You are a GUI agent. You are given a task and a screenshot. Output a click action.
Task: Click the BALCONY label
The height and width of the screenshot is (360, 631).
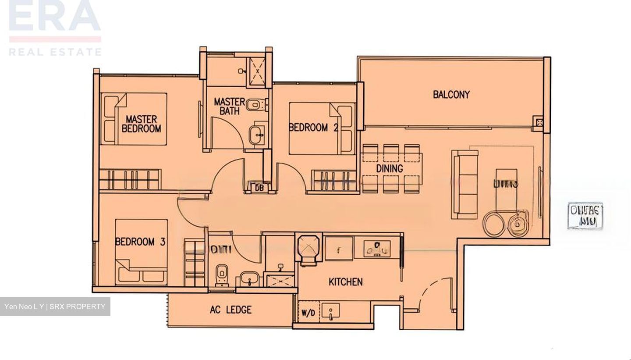[x=451, y=94]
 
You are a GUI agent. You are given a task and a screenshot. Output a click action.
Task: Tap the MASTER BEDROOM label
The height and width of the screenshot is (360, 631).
[x=141, y=124]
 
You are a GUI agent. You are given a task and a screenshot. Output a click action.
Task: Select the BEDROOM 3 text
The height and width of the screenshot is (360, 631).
[x=140, y=242]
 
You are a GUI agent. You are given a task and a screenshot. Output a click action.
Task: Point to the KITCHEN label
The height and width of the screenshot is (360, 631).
[x=345, y=282]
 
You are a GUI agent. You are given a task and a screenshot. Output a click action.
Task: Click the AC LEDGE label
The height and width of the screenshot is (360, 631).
[x=230, y=310]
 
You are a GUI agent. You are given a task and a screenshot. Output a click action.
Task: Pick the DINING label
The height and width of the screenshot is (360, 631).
[x=390, y=168]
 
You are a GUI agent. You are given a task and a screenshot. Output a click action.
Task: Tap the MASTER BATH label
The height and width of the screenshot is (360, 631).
[x=229, y=107]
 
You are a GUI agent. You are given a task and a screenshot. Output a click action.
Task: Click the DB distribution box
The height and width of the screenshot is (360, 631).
[x=259, y=187]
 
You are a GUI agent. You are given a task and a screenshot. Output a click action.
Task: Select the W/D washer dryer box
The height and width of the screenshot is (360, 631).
[x=308, y=314]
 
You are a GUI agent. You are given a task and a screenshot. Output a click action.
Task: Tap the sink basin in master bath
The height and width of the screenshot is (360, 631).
[x=256, y=134]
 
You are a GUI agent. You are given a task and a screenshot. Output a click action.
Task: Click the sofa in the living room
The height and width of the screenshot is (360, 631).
[x=464, y=184]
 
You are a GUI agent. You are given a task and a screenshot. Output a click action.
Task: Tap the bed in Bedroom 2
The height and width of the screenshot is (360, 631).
[x=322, y=128]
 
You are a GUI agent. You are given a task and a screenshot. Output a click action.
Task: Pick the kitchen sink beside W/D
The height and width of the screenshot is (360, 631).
[x=330, y=313]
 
